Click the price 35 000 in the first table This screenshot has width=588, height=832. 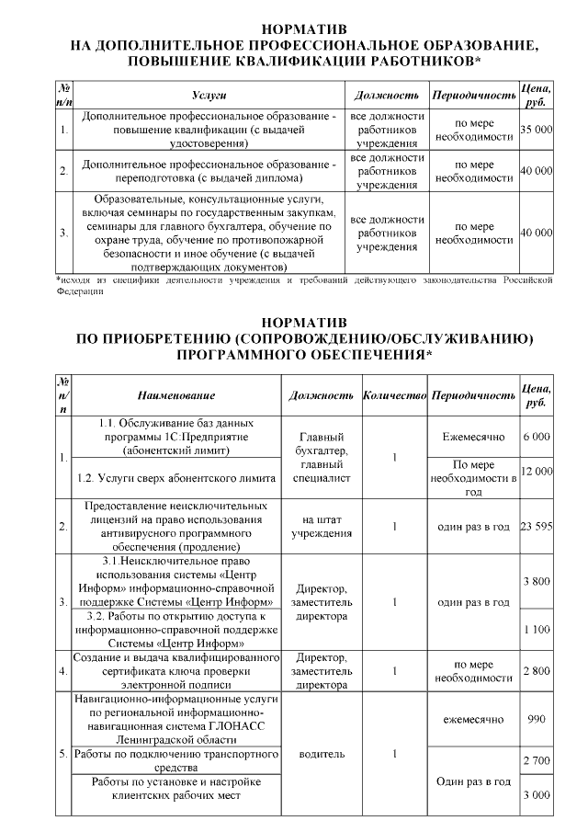tap(536, 131)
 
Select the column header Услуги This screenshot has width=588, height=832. tap(209, 96)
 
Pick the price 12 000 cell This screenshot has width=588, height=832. tap(536, 471)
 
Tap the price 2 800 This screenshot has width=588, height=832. tap(536, 671)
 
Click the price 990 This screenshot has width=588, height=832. tap(536, 721)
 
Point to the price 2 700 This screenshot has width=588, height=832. tap(536, 761)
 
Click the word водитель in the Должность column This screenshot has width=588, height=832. tap(322, 754)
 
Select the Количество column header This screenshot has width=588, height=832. tap(394, 395)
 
